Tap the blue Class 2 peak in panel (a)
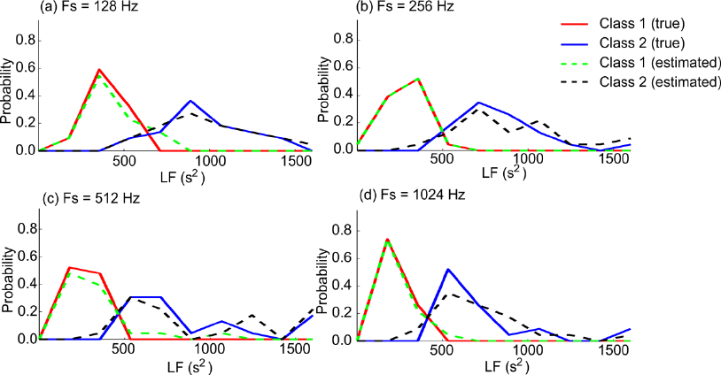pyautogui.click(x=190, y=101)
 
